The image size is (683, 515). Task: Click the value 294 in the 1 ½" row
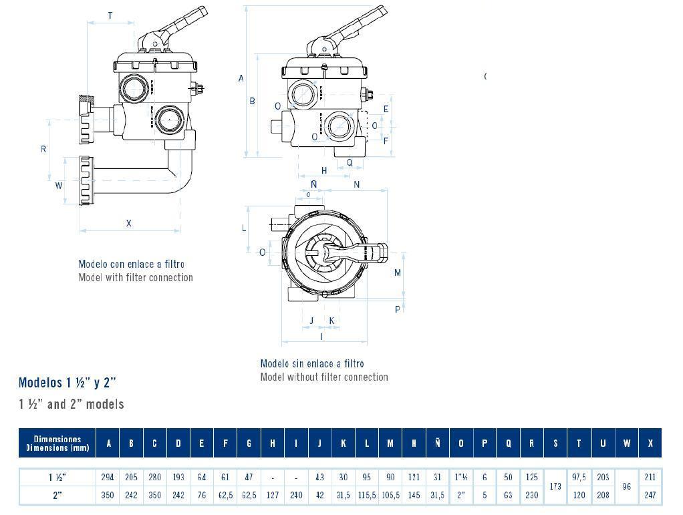click(x=108, y=478)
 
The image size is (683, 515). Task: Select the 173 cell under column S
click(x=555, y=487)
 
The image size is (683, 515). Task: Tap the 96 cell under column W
click(x=626, y=487)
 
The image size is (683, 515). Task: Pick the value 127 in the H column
click(x=273, y=496)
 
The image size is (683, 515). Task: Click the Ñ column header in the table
click(x=438, y=444)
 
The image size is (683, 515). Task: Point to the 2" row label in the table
click(x=57, y=496)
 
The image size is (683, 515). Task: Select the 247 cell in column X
click(x=650, y=496)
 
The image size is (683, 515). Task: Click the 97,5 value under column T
click(x=579, y=478)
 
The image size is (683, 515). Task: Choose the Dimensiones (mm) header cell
click(x=57, y=444)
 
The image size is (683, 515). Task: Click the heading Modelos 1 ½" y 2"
click(x=67, y=383)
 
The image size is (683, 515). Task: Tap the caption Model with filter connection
click(x=136, y=277)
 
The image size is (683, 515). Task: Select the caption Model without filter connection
click(x=324, y=377)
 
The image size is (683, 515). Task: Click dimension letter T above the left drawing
click(x=110, y=16)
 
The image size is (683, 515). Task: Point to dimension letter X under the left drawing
click(x=129, y=223)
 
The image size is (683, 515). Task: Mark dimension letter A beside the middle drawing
click(x=241, y=78)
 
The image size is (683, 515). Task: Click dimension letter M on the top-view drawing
click(x=398, y=273)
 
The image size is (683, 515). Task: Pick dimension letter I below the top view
click(x=321, y=337)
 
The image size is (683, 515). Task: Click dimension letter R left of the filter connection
click(x=43, y=149)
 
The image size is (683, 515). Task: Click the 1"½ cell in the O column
click(x=461, y=478)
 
